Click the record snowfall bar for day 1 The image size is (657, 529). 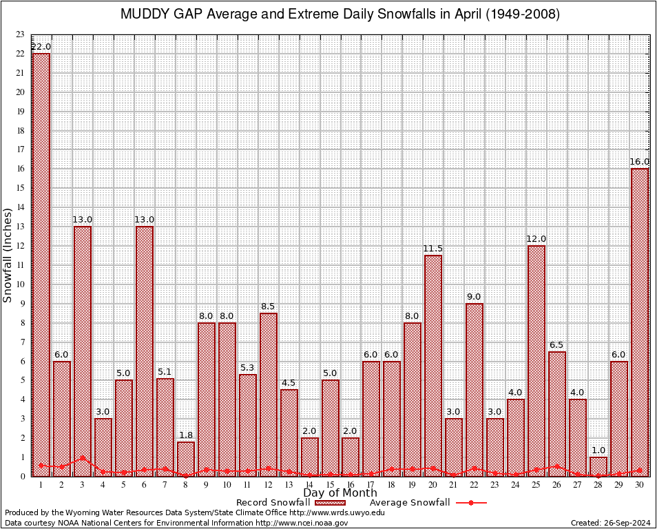(x=41, y=262)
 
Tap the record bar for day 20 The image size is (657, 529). (x=433, y=365)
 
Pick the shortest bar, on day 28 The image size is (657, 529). (x=598, y=466)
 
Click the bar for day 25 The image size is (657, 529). (x=536, y=358)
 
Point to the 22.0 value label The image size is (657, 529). (x=41, y=47)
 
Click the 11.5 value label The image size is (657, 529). (x=433, y=249)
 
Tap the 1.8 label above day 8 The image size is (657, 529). (x=186, y=435)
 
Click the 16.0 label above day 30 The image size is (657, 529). (x=640, y=162)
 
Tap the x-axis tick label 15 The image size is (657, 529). (x=331, y=485)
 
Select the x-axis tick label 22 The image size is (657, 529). (x=474, y=485)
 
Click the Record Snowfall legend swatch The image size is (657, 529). (x=328, y=503)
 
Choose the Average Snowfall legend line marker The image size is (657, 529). (x=470, y=503)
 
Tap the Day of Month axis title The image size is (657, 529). (x=340, y=493)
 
